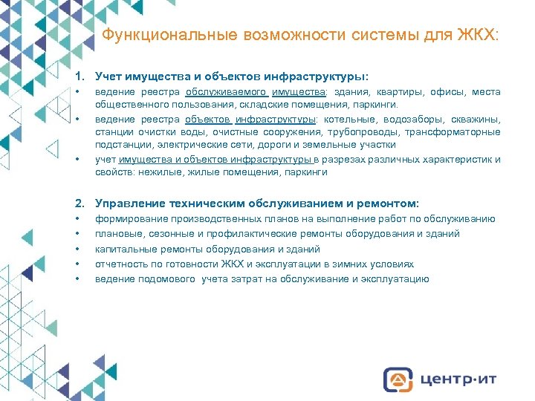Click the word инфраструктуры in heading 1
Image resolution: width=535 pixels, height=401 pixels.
click(x=323, y=76)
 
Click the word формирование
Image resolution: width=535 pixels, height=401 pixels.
click(x=132, y=219)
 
